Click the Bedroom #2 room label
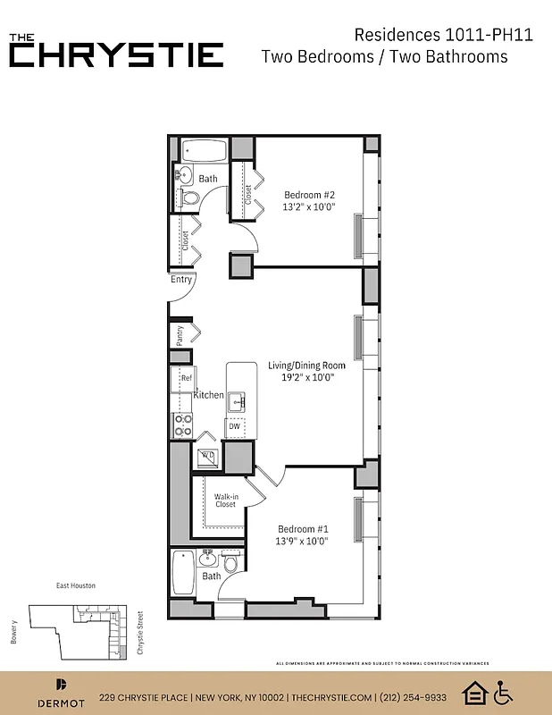(x=309, y=195)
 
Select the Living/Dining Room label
(x=306, y=366)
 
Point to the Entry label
(x=181, y=280)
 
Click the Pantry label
(x=180, y=335)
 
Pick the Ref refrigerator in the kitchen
(x=184, y=379)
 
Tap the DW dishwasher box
(x=235, y=427)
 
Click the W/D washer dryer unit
(x=207, y=456)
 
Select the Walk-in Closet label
(x=225, y=500)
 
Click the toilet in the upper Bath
(x=189, y=198)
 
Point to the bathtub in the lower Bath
(x=182, y=573)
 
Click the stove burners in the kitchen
(x=182, y=425)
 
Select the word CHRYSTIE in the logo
(x=116, y=55)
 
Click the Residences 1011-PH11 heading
(x=431, y=35)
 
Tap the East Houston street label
(x=75, y=586)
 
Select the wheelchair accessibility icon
(x=503, y=692)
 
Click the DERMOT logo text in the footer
(x=60, y=703)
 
